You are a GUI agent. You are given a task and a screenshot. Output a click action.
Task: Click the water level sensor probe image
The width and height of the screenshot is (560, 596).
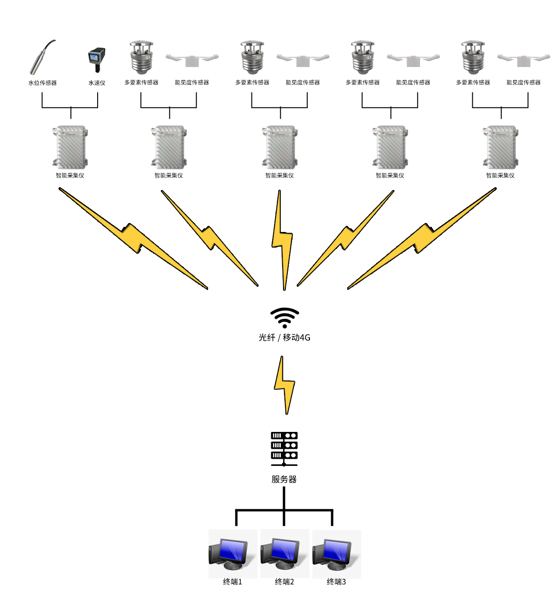(x=42, y=58)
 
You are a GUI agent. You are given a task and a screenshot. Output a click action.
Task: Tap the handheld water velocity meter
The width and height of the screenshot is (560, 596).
(x=97, y=59)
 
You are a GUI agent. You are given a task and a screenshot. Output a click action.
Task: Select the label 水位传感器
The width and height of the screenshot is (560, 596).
(x=42, y=83)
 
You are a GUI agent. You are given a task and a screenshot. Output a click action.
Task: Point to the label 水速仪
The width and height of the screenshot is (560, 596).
(x=97, y=83)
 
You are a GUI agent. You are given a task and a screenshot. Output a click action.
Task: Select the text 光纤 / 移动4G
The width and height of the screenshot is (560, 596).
(x=284, y=338)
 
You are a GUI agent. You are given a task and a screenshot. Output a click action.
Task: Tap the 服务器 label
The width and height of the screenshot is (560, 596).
(x=284, y=480)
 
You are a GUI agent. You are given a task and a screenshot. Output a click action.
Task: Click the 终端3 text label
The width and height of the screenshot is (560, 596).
(x=336, y=582)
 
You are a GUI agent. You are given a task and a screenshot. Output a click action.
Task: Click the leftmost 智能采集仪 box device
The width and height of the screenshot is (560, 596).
(x=70, y=147)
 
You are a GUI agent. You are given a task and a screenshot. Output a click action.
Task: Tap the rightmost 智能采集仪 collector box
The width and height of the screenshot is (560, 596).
(x=501, y=147)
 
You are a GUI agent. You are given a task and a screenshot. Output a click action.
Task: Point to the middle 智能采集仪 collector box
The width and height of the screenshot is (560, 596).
(x=280, y=147)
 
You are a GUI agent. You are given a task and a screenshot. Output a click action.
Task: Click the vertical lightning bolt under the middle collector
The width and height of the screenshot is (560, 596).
(x=282, y=240)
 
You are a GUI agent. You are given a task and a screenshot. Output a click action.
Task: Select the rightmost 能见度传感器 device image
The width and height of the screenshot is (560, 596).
(x=523, y=59)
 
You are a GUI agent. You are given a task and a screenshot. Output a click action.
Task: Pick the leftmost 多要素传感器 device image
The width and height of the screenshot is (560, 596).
(x=142, y=58)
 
